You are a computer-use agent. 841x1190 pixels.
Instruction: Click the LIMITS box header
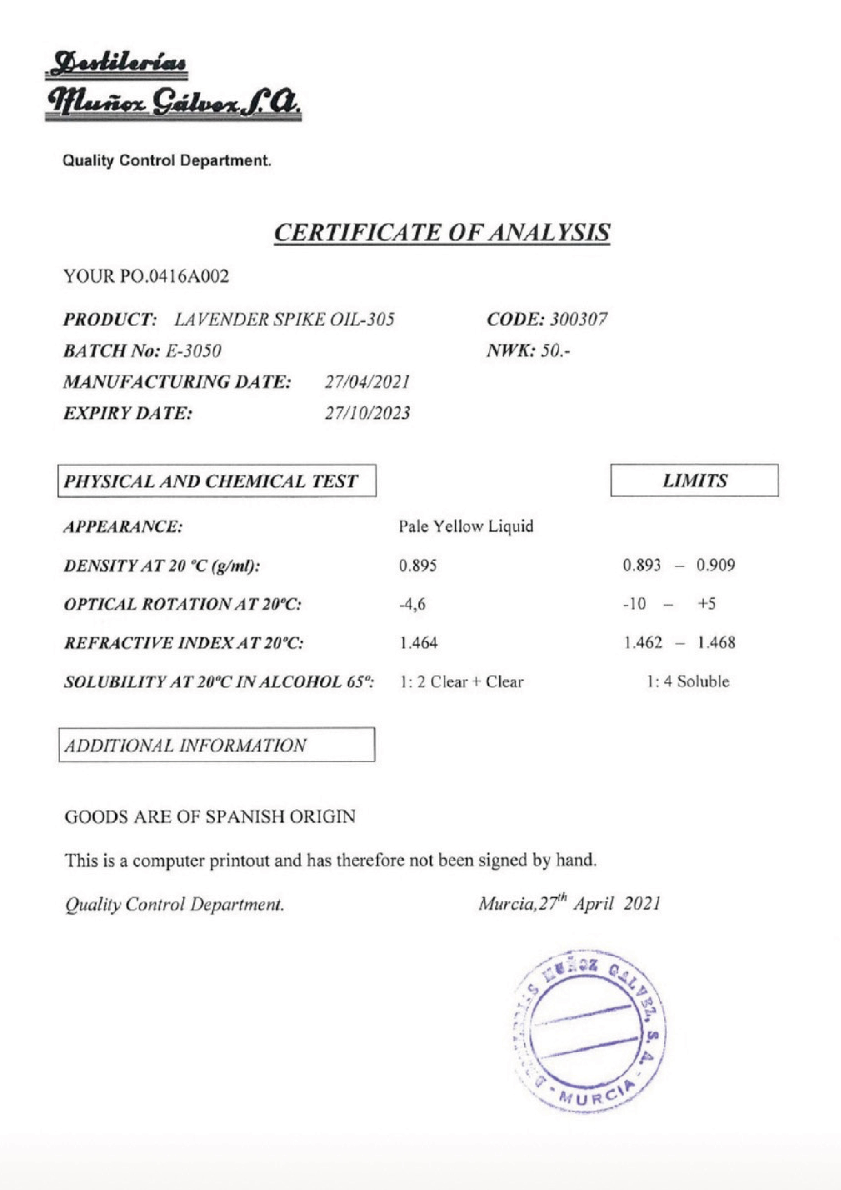click(x=694, y=481)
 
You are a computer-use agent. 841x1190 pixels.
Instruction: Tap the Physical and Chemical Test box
click(x=217, y=481)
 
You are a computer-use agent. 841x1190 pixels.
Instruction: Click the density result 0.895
click(x=418, y=565)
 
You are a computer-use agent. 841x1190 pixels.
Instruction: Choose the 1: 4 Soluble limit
click(x=688, y=682)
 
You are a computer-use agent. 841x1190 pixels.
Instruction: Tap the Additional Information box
click(x=217, y=745)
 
